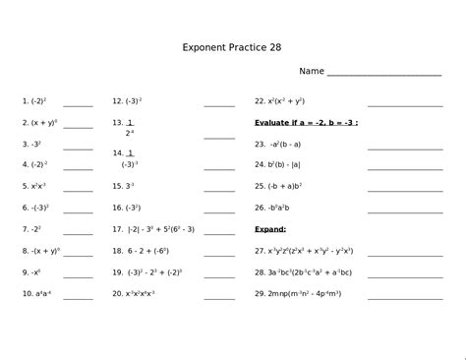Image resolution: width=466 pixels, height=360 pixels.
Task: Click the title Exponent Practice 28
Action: [x=232, y=47]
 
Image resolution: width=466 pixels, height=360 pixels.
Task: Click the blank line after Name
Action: [x=383, y=73]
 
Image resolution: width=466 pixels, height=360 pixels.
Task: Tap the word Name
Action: [x=312, y=72]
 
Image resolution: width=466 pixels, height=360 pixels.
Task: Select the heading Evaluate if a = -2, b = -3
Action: [x=306, y=123]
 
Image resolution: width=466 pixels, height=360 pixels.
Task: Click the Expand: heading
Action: [x=270, y=229]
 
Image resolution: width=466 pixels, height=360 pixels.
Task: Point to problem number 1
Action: [x=26, y=101]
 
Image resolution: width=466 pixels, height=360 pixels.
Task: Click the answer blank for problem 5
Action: [x=78, y=188]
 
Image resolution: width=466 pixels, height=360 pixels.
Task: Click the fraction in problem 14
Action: [x=130, y=159]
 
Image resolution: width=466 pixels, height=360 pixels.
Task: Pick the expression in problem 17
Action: [x=160, y=229]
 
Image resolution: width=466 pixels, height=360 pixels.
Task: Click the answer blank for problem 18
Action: [x=219, y=253]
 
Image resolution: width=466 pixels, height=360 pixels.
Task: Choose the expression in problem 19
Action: [x=154, y=272]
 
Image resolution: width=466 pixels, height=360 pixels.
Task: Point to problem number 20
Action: [x=117, y=294]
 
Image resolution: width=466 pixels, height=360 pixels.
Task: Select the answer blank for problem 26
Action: [x=405, y=210]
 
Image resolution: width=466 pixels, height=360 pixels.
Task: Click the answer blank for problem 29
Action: [x=405, y=296]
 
